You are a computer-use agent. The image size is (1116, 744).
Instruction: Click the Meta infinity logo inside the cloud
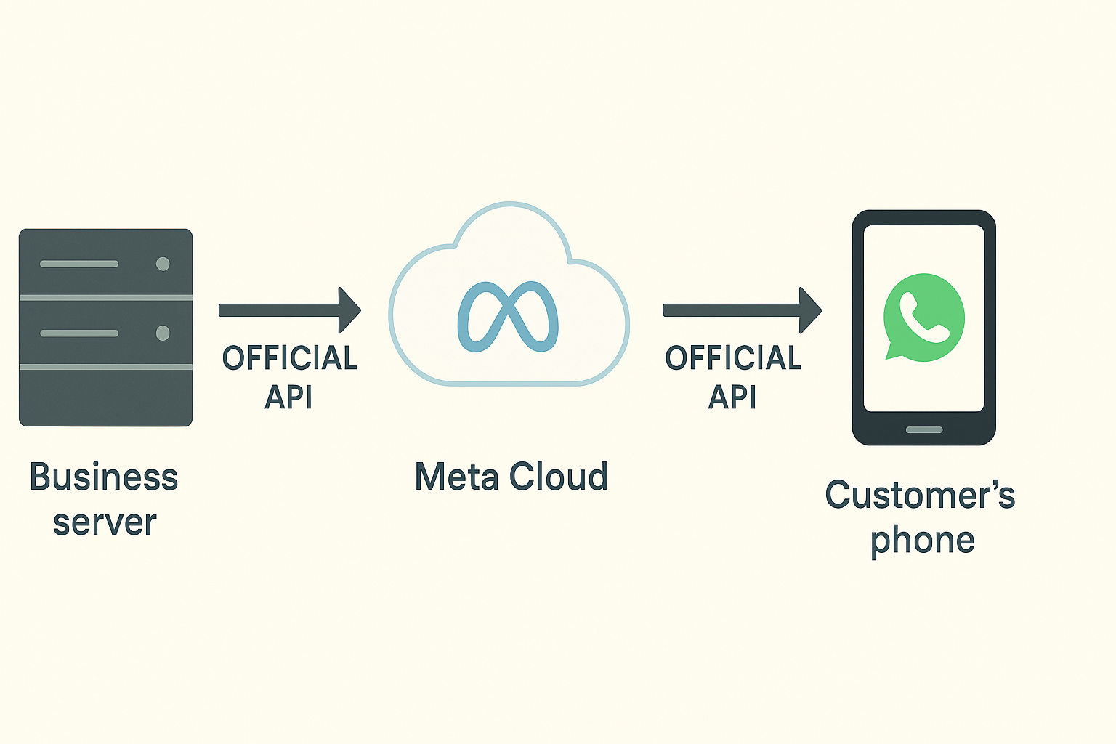tap(508, 316)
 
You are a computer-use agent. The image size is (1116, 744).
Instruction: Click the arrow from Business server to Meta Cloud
tap(289, 310)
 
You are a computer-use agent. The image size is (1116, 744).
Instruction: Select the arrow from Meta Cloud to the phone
tap(741, 310)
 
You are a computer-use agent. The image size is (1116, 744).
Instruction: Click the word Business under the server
tap(104, 477)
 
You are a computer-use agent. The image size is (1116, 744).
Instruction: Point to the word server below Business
tap(105, 523)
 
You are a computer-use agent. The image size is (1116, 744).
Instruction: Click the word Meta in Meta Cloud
tap(456, 477)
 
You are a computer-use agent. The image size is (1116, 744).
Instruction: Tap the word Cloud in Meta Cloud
tap(558, 477)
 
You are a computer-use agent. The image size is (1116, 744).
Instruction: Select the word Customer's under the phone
tap(920, 496)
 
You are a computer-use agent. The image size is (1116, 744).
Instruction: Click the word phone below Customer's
tap(922, 541)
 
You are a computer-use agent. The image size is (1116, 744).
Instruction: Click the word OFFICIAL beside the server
tap(290, 358)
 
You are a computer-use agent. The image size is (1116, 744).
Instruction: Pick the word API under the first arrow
tap(288, 397)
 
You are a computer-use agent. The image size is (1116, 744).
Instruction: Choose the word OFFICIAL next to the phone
tap(733, 358)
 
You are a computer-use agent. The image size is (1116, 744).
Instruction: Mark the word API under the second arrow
tap(732, 397)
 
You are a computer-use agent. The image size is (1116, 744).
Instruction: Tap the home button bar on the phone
tap(924, 429)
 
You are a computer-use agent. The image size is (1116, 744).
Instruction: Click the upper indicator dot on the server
tap(163, 264)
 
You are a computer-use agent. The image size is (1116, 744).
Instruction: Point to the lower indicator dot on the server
tap(163, 333)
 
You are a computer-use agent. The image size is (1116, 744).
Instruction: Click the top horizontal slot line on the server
tap(79, 264)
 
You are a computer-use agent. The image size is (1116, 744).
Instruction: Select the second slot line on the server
tap(79, 333)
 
